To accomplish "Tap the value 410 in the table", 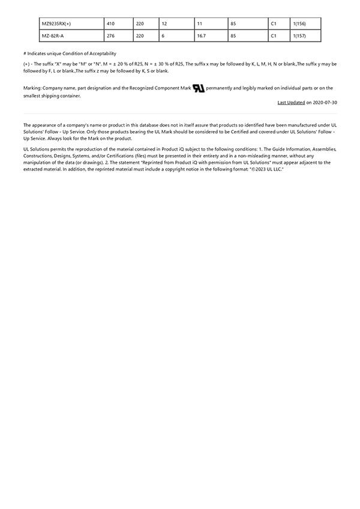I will pyautogui.click(x=110, y=23).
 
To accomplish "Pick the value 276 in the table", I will pyautogui.click(x=110, y=36).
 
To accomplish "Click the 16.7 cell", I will pyautogui.click(x=202, y=36).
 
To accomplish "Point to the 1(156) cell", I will pyautogui.click(x=299, y=23).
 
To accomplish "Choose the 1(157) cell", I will pyautogui.click(x=299, y=36).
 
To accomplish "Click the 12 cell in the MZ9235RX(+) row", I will pyautogui.click(x=164, y=23).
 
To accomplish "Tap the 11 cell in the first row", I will pyautogui.click(x=200, y=23).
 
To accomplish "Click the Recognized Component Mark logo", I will pyautogui.click(x=199, y=88).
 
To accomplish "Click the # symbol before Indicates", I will pyautogui.click(x=25, y=53).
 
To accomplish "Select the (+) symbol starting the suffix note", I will pyautogui.click(x=26, y=64).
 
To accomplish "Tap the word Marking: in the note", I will pyautogui.click(x=32, y=88).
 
